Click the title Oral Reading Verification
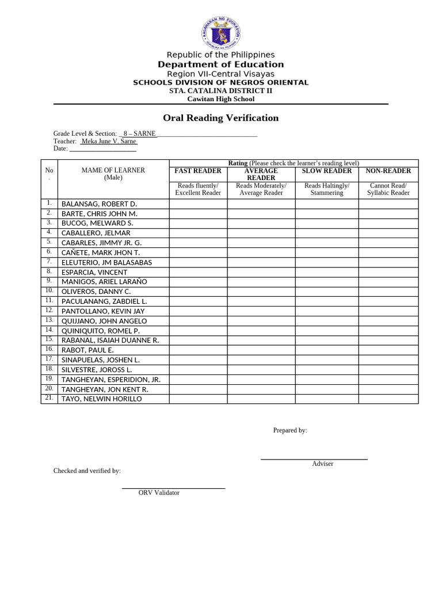click(220, 118)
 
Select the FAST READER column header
click(198, 171)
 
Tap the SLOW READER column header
click(326, 171)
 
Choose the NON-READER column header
click(388, 171)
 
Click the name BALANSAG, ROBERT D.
click(100, 204)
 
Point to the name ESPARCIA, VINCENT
click(94, 272)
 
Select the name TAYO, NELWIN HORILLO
click(102, 399)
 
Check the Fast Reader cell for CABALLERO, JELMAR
click(198, 233)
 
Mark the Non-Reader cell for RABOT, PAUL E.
click(388, 350)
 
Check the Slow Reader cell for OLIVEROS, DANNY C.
click(326, 292)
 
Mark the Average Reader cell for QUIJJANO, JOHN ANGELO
click(261, 321)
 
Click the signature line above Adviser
click(314, 459)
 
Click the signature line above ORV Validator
click(173, 488)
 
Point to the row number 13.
click(49, 320)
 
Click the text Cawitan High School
click(220, 99)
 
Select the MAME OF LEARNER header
click(113, 170)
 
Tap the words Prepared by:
click(289, 430)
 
